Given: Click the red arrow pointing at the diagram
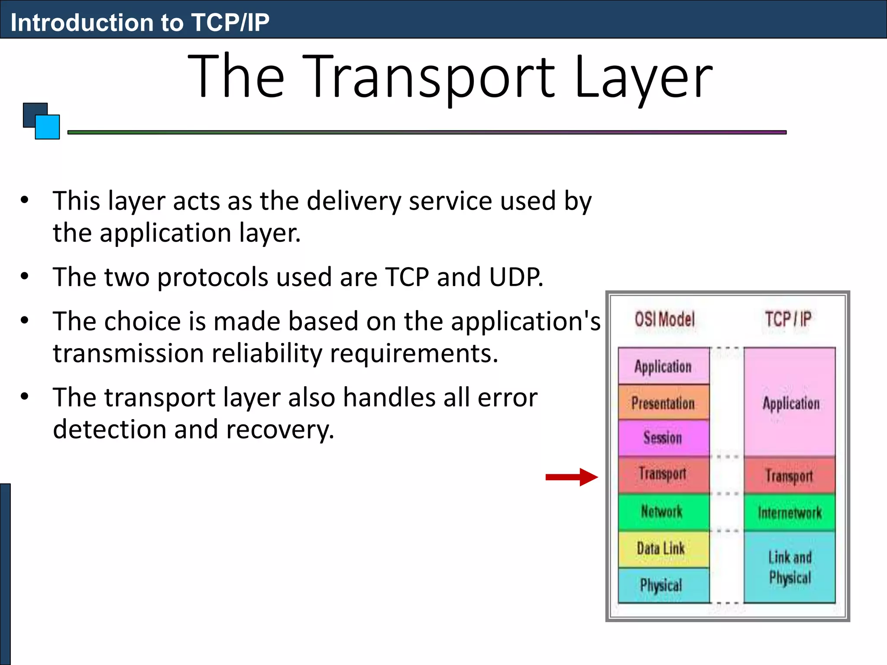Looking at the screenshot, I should [x=572, y=477].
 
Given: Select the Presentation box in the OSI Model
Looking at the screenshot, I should [x=664, y=403].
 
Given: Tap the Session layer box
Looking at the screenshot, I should [x=664, y=438].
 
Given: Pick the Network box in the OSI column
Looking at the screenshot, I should [x=664, y=512].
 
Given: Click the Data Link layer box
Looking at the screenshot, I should [x=664, y=549].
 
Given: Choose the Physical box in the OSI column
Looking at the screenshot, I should [x=664, y=585].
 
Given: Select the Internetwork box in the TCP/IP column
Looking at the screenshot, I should [x=790, y=513].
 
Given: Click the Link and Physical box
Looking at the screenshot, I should [x=790, y=567].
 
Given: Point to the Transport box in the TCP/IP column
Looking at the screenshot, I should [x=790, y=476].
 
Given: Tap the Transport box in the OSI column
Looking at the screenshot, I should [x=664, y=474].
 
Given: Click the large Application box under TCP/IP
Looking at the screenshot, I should [x=790, y=403].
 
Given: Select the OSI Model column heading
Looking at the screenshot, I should [x=664, y=320].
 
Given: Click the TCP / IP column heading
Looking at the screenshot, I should [x=788, y=320].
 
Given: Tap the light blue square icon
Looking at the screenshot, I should [x=48, y=127].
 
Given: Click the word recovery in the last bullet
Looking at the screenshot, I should [x=280, y=429].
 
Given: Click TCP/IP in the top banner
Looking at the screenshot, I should [x=230, y=23].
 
